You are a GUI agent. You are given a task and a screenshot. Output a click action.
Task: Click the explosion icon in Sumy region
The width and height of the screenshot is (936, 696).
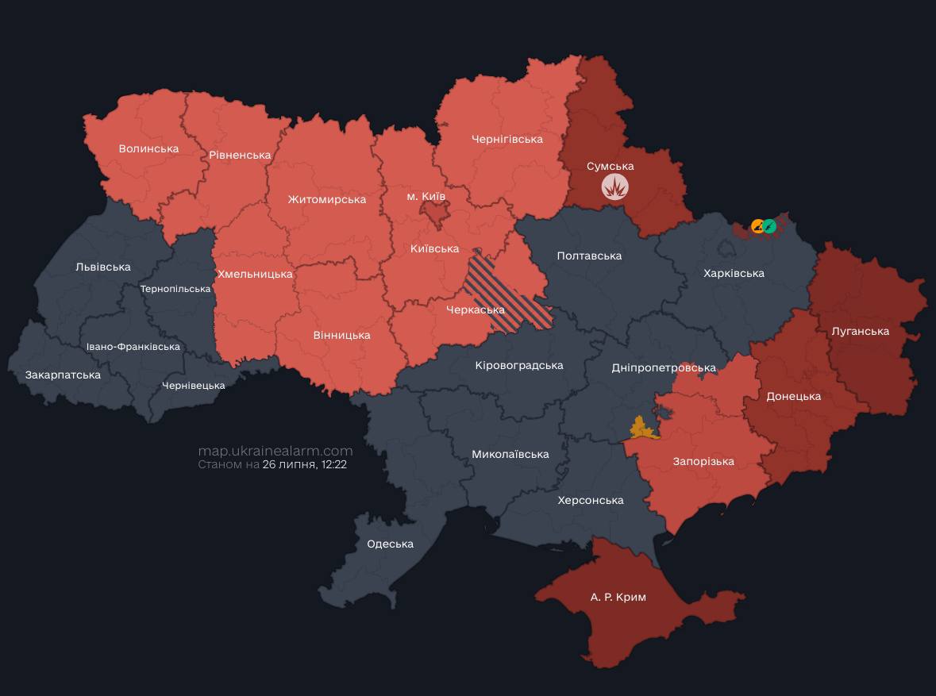615,186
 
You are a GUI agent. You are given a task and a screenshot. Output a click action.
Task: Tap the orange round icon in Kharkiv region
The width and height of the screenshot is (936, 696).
757,226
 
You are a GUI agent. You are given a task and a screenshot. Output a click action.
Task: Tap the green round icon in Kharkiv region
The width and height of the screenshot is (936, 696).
769,226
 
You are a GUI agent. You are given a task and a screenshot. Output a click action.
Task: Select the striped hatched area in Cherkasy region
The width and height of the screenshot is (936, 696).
508,294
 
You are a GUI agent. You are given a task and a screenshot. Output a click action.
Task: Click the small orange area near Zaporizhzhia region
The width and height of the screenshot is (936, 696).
643,429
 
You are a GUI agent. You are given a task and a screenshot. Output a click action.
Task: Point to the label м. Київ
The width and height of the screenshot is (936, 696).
426,195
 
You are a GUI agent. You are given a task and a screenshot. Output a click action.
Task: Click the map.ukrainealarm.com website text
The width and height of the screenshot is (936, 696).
275,451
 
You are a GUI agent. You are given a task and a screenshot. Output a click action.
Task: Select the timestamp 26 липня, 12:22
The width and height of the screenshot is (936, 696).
304,465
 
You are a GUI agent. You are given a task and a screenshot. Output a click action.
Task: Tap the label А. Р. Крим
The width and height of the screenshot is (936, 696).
618,597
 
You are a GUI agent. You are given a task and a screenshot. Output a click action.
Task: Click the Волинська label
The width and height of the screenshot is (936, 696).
148,148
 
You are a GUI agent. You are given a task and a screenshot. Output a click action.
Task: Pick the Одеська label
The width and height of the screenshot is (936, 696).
390,544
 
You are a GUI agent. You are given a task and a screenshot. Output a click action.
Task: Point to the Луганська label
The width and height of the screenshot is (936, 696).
860,331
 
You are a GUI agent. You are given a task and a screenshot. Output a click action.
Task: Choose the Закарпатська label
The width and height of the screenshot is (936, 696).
63,375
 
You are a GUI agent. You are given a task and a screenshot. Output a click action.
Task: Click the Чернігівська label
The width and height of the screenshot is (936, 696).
507,139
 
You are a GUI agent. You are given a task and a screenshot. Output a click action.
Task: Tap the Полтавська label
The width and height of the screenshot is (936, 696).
589,256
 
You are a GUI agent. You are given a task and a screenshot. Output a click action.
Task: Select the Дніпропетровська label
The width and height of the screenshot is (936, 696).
664,367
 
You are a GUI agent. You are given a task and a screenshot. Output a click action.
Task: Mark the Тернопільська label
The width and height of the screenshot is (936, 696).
175,289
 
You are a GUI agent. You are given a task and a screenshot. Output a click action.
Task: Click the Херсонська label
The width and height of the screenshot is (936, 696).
591,500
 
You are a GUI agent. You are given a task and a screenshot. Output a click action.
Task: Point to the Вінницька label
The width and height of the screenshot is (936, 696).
341,335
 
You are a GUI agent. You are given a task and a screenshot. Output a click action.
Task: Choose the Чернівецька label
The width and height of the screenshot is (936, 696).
193,386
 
